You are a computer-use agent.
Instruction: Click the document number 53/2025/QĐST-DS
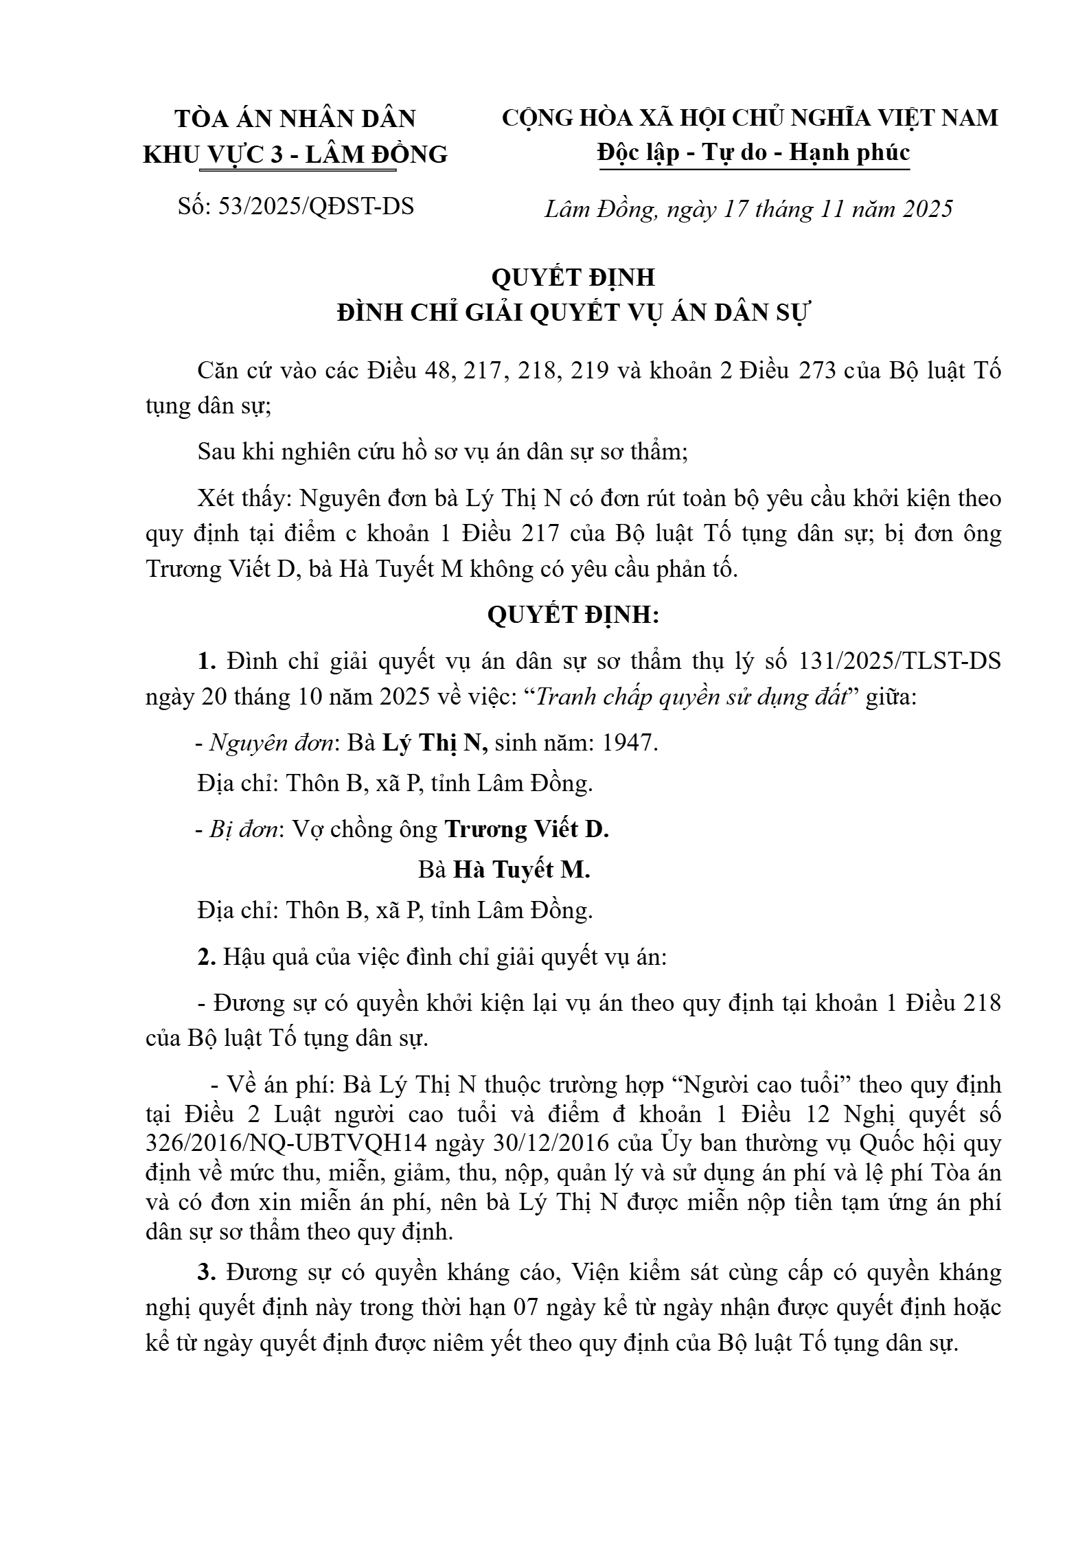tap(316, 207)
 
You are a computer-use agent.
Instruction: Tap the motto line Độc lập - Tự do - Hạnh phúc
tap(753, 152)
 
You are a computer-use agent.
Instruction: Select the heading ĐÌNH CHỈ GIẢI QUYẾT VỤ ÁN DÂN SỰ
tap(573, 313)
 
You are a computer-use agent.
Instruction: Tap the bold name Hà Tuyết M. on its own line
tap(521, 870)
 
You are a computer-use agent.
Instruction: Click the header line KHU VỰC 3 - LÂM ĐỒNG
tap(295, 155)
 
